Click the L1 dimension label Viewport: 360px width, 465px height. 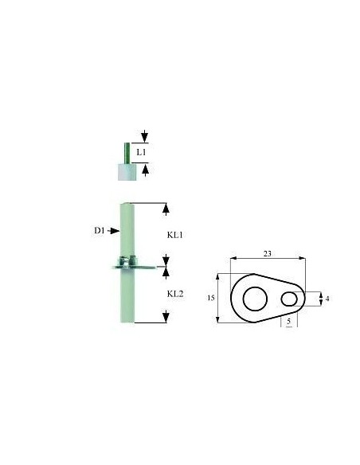tap(141, 152)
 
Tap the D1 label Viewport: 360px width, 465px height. tap(100, 230)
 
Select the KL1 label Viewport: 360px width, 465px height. tap(175, 235)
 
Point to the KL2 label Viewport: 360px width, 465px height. tap(175, 294)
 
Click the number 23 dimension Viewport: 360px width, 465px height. tap(268, 253)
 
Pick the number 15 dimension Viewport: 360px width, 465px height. tap(211, 298)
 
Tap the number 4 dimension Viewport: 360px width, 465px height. tap(327, 299)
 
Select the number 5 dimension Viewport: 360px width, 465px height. tap(289, 321)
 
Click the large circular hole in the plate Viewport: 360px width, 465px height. tap(255, 299)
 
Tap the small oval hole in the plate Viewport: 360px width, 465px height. tap(289, 299)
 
